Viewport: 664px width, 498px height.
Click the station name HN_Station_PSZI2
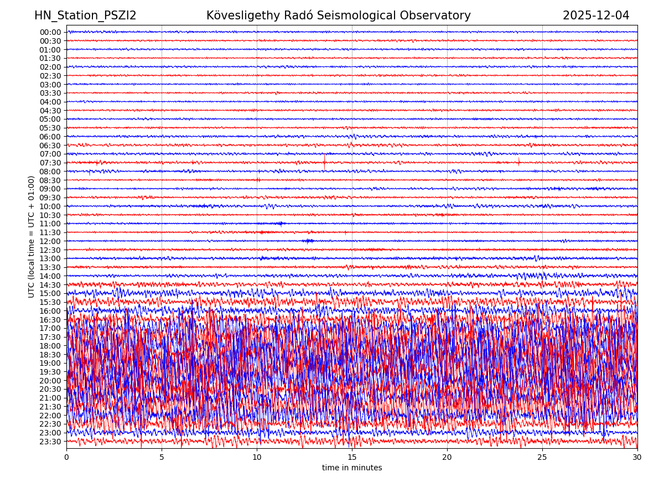pos(85,15)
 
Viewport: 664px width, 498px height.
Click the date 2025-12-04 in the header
pos(596,15)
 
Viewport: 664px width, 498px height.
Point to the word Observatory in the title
pos(438,15)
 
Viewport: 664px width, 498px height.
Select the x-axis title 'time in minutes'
pos(352,468)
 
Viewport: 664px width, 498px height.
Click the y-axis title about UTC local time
pos(32,236)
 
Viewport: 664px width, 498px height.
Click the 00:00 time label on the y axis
pos(50,32)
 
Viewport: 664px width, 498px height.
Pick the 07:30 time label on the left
pos(50,163)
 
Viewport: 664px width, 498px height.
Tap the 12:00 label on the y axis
pos(50,241)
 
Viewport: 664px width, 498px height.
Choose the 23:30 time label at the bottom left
pos(50,442)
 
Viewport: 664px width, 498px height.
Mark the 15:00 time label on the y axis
pos(50,293)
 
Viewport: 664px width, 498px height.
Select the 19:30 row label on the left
pos(50,372)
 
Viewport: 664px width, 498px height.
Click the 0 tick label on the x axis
pos(66,458)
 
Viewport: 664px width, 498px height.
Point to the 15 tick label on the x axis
pos(352,458)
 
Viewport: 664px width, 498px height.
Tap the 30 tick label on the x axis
pos(637,458)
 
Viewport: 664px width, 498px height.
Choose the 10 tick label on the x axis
pos(257,458)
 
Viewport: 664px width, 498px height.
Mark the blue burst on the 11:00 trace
pos(281,224)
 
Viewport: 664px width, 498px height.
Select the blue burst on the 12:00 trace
pos(308,241)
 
